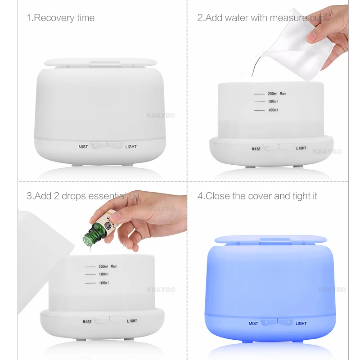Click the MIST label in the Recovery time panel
pyautogui.click(x=83, y=147)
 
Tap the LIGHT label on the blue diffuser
pyautogui.click(x=301, y=323)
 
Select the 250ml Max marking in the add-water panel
pyautogui.click(x=277, y=94)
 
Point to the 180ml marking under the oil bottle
pyautogui.click(x=103, y=274)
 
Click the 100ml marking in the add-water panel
pyautogui.click(x=273, y=110)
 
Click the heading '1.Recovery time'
pyautogui.click(x=60, y=18)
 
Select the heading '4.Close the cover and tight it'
pyautogui.click(x=257, y=196)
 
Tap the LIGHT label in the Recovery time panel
pyautogui.click(x=131, y=147)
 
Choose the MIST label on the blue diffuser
pyautogui.click(x=253, y=323)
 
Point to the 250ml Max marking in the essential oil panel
pyautogui.click(x=108, y=266)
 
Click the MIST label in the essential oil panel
pyautogui.click(x=87, y=321)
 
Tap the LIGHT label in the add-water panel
pyautogui.click(x=301, y=148)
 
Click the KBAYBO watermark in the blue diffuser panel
pyautogui.click(x=332, y=290)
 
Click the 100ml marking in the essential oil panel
pyautogui.click(x=103, y=283)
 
